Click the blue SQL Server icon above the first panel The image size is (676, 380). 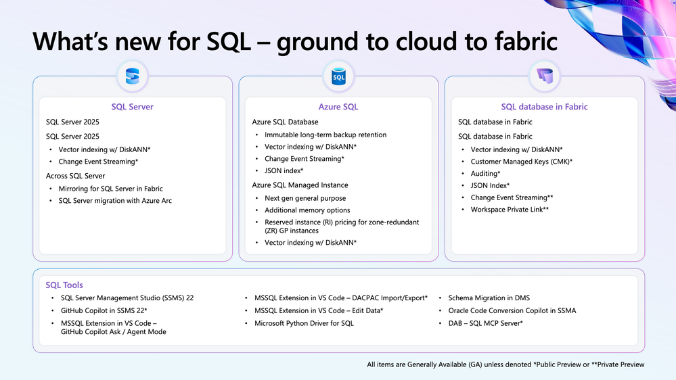coord(133,78)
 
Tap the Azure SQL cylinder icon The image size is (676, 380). coord(338,78)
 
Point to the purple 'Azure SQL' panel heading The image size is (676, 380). coord(338,107)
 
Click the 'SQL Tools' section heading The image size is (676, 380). coord(64,285)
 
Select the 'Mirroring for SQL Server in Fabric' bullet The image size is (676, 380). coord(110,189)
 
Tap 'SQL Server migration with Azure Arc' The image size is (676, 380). coord(115,201)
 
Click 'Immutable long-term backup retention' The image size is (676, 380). coord(325,135)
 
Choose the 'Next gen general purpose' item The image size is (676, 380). coord(305,198)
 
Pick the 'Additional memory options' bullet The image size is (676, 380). coord(309,210)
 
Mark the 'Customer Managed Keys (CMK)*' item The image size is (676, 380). coord(522,162)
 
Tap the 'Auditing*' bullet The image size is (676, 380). coord(485,174)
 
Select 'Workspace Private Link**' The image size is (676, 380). coord(510,210)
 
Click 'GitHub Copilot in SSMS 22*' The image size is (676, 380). coord(104,310)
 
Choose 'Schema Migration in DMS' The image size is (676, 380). coord(489,298)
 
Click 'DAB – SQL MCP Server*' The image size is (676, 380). coord(485,323)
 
